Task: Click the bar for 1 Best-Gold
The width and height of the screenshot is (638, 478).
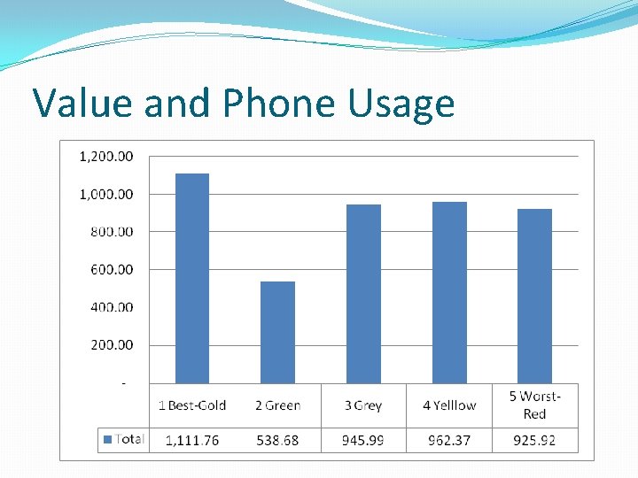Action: (x=192, y=278)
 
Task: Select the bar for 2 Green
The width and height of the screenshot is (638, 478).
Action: (x=277, y=332)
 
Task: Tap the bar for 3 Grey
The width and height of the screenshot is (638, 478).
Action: (x=363, y=294)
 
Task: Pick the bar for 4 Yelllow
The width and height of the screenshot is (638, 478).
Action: (x=449, y=292)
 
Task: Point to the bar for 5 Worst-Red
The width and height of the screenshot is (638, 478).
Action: (x=534, y=296)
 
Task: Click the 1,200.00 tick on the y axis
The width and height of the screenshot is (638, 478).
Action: (x=106, y=157)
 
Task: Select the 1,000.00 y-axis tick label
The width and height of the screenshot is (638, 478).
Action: (x=106, y=194)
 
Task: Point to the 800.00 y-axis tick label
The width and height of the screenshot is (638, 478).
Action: (x=111, y=232)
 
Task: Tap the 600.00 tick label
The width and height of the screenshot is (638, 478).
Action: (x=111, y=269)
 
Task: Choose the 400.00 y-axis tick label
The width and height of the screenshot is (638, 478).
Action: (x=111, y=307)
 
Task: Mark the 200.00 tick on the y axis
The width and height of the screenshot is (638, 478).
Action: (x=111, y=344)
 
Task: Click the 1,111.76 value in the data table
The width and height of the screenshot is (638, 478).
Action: (x=192, y=440)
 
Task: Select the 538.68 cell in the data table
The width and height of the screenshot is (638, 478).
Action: (x=277, y=440)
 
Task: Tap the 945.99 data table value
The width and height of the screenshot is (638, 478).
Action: (x=363, y=440)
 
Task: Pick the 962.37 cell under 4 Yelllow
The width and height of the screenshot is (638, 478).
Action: (x=449, y=440)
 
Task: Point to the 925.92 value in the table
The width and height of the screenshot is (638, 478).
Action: (x=534, y=440)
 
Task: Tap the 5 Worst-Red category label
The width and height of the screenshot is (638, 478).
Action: (x=534, y=405)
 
